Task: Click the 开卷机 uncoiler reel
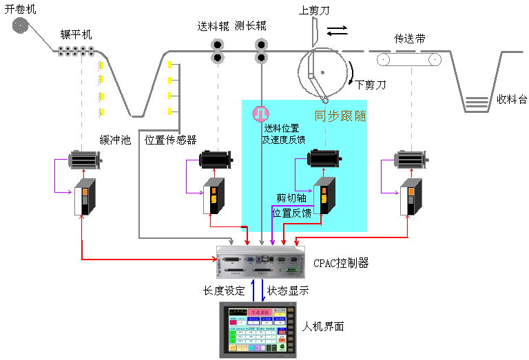pos(21,26)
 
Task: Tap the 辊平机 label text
pos(76,35)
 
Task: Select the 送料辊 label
pos(213,27)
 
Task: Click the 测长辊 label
pos(250,27)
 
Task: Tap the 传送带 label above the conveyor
pos(409,39)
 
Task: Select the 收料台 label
pos(512,99)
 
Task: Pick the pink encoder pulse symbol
pos(261,112)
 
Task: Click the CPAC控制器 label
pos(341,263)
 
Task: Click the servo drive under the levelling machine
pos(85,197)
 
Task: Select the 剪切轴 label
pos(291,198)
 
